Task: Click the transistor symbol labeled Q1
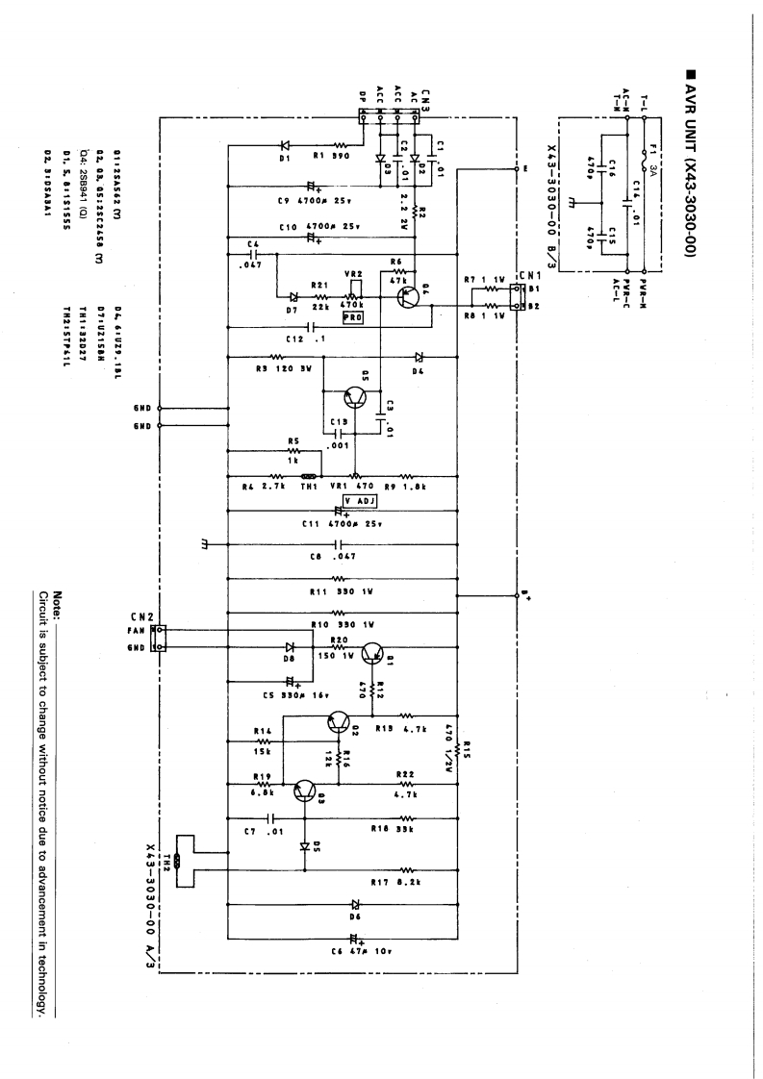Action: (x=372, y=658)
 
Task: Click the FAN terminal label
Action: (x=135, y=630)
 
